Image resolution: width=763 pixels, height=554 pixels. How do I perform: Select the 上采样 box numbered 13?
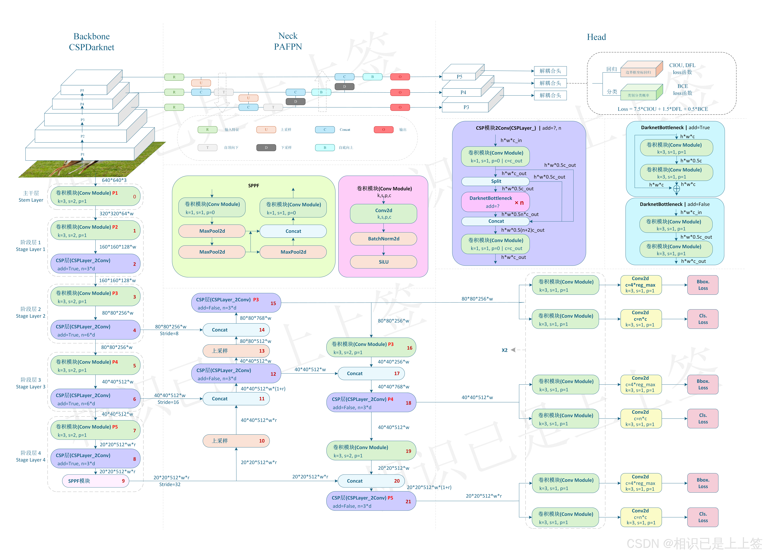(236, 351)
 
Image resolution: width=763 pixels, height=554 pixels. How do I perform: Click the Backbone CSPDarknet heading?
(91, 42)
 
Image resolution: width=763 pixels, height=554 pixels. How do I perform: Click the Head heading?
(596, 37)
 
